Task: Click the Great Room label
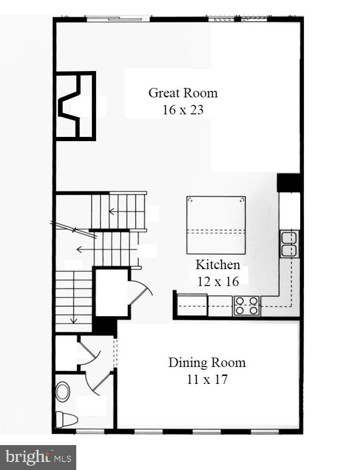183,93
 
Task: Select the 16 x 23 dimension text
183,110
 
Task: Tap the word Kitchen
218,264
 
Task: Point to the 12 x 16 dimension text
218,281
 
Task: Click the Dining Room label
207,363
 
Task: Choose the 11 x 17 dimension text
207,379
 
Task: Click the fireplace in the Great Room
75,106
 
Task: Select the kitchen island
216,224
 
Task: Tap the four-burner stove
247,305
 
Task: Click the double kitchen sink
290,244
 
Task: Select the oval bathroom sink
63,391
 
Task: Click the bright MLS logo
38,457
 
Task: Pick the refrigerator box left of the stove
192,305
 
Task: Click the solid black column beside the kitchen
288,183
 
